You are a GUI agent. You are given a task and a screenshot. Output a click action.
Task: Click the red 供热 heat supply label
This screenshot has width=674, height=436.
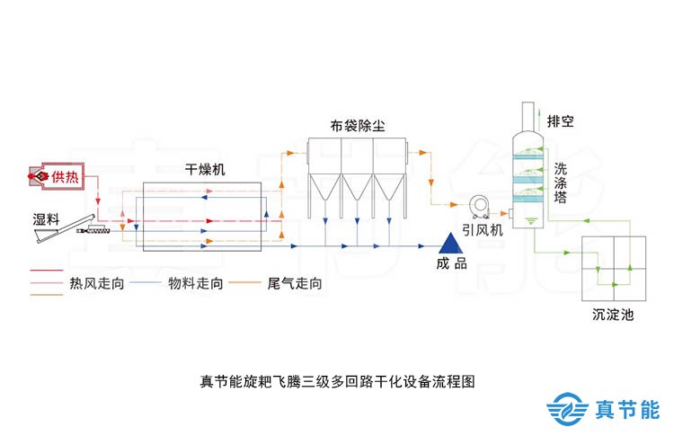(64, 175)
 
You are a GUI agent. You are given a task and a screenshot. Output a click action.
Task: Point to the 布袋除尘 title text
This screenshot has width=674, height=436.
(357, 125)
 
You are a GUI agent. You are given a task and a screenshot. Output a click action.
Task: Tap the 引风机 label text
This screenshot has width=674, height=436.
(484, 230)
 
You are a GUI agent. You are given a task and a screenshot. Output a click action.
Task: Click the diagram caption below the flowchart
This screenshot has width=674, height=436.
(336, 380)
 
